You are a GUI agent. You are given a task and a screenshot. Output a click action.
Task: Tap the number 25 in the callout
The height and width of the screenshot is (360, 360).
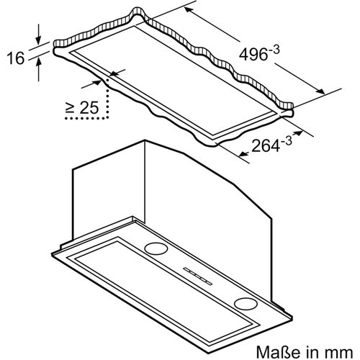point(89,109)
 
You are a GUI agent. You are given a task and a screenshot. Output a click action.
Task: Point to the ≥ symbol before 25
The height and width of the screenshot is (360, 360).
point(71,109)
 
